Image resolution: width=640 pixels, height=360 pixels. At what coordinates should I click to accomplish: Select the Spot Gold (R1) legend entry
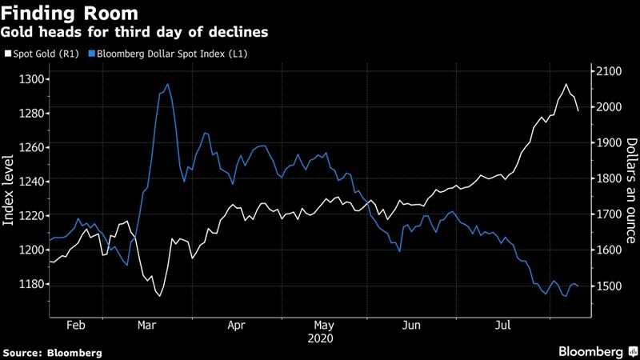point(44,54)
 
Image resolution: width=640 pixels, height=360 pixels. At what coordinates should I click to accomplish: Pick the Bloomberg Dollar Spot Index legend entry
point(163,54)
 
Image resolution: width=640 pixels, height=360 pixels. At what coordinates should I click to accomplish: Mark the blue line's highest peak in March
point(167,84)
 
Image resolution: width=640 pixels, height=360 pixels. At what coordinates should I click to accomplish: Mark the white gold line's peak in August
point(566,84)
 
